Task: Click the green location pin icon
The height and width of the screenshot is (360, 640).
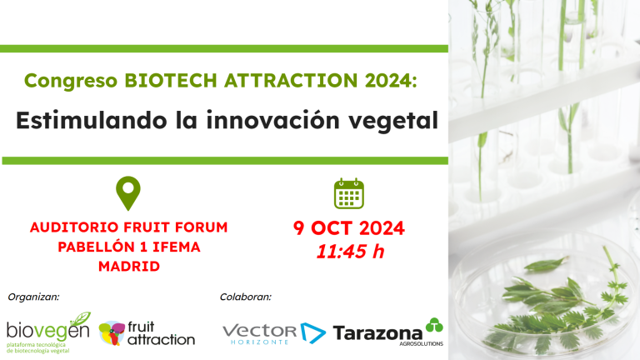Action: (128, 192)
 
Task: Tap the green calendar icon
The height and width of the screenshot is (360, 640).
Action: (348, 193)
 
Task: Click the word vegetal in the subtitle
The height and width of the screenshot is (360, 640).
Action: (396, 120)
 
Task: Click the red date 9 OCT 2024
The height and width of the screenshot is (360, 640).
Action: (349, 228)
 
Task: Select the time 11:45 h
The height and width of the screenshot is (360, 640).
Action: (350, 251)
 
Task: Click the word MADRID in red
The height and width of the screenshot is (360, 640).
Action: (128, 267)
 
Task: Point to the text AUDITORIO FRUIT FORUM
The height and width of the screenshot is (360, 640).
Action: (128, 227)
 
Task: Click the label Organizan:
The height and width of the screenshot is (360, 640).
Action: (33, 296)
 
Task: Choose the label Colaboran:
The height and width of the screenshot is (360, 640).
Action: (246, 296)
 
